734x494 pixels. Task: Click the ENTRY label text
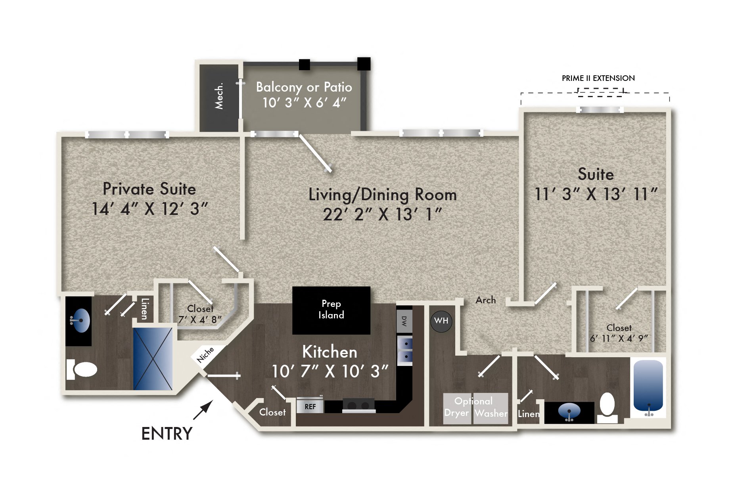(167, 434)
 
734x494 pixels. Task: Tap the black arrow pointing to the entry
(203, 410)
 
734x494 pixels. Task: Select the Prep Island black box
(331, 310)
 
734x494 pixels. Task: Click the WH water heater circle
(441, 321)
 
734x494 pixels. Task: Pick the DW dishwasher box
(404, 321)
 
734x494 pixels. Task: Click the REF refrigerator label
(310, 407)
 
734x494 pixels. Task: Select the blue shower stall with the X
(153, 359)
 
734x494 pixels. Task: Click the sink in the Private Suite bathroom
(80, 320)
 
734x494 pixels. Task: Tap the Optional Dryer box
(457, 408)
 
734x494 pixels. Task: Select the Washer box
(491, 408)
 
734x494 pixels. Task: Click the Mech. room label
(219, 96)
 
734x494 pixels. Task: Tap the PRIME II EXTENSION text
(598, 78)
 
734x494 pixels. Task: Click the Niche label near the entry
(205, 354)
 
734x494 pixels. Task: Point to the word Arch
(485, 300)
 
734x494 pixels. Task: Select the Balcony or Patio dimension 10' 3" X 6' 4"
(304, 103)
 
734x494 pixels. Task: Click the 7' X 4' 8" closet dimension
(200, 319)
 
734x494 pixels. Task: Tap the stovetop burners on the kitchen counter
(358, 405)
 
